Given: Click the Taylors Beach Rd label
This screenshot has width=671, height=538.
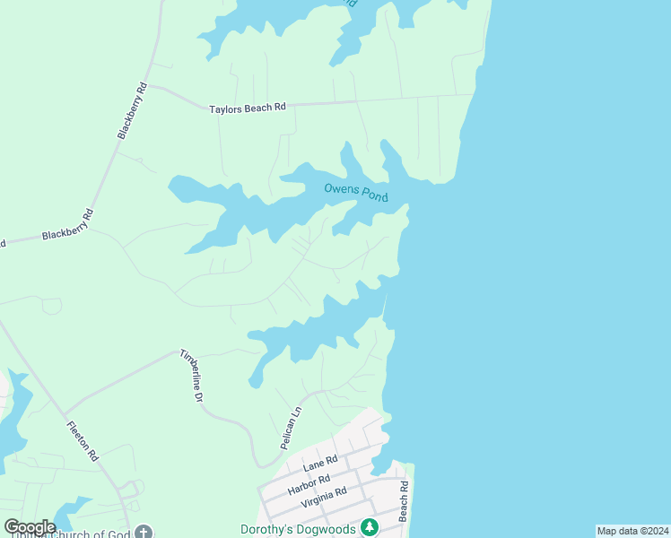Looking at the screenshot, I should [247, 108].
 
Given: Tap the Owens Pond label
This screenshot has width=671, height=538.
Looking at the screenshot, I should [355, 191].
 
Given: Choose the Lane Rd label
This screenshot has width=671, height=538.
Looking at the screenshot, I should [319, 463].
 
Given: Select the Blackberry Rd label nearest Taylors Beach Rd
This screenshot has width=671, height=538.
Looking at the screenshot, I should [131, 111].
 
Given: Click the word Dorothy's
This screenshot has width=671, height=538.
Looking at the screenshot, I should [269, 529].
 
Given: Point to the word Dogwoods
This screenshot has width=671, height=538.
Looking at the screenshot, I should [328, 529].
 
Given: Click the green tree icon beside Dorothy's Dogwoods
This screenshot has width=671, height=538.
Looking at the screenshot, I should [368, 527].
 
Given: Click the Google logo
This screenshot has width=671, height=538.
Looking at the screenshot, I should [30, 527].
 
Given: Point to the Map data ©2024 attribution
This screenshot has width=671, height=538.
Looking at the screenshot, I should [632, 531].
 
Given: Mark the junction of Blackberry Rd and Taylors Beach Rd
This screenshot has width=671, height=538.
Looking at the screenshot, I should [148, 86].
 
